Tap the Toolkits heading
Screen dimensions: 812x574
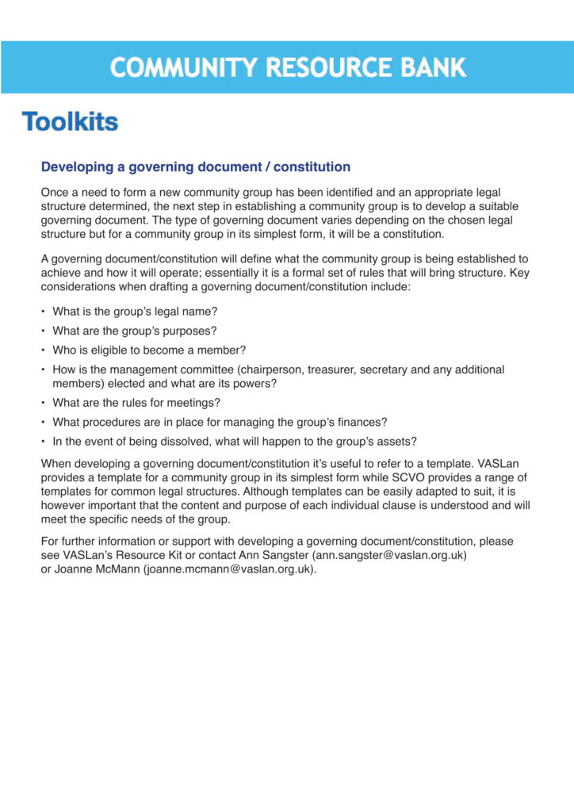pyautogui.click(x=70, y=121)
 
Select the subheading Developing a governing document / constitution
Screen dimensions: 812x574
pyautogui.click(x=195, y=167)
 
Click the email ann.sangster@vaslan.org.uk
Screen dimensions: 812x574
pyautogui.click(x=391, y=555)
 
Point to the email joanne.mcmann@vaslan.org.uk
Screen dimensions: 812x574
pyautogui.click(x=230, y=569)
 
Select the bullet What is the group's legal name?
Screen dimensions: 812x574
pyautogui.click(x=135, y=312)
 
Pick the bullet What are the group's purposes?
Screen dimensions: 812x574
pyautogui.click(x=135, y=331)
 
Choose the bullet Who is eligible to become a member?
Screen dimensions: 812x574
pyautogui.click(x=149, y=350)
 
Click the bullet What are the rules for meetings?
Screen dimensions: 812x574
pyautogui.click(x=136, y=403)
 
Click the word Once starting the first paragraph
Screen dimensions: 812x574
pyautogui.click(x=54, y=193)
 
